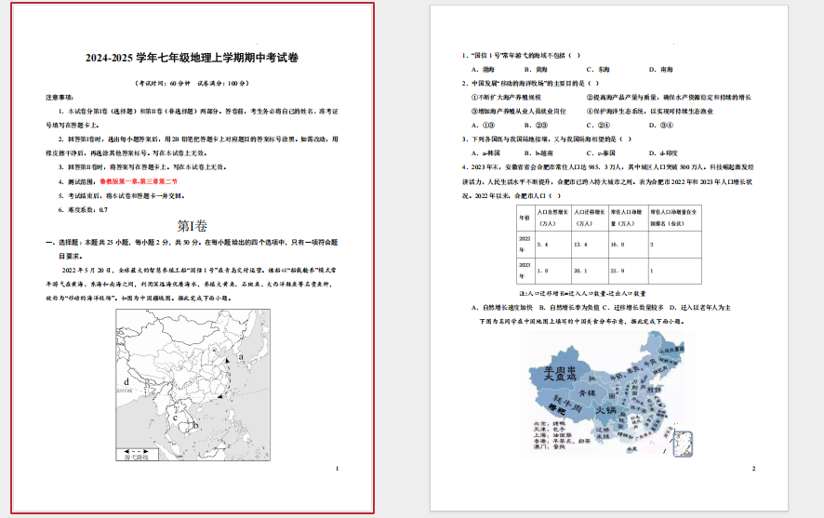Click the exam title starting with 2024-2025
tap(193, 59)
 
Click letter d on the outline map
tap(126, 381)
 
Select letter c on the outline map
tap(175, 418)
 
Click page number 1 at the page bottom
tap(336, 470)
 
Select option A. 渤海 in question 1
tap(482, 70)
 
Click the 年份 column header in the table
tap(525, 219)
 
